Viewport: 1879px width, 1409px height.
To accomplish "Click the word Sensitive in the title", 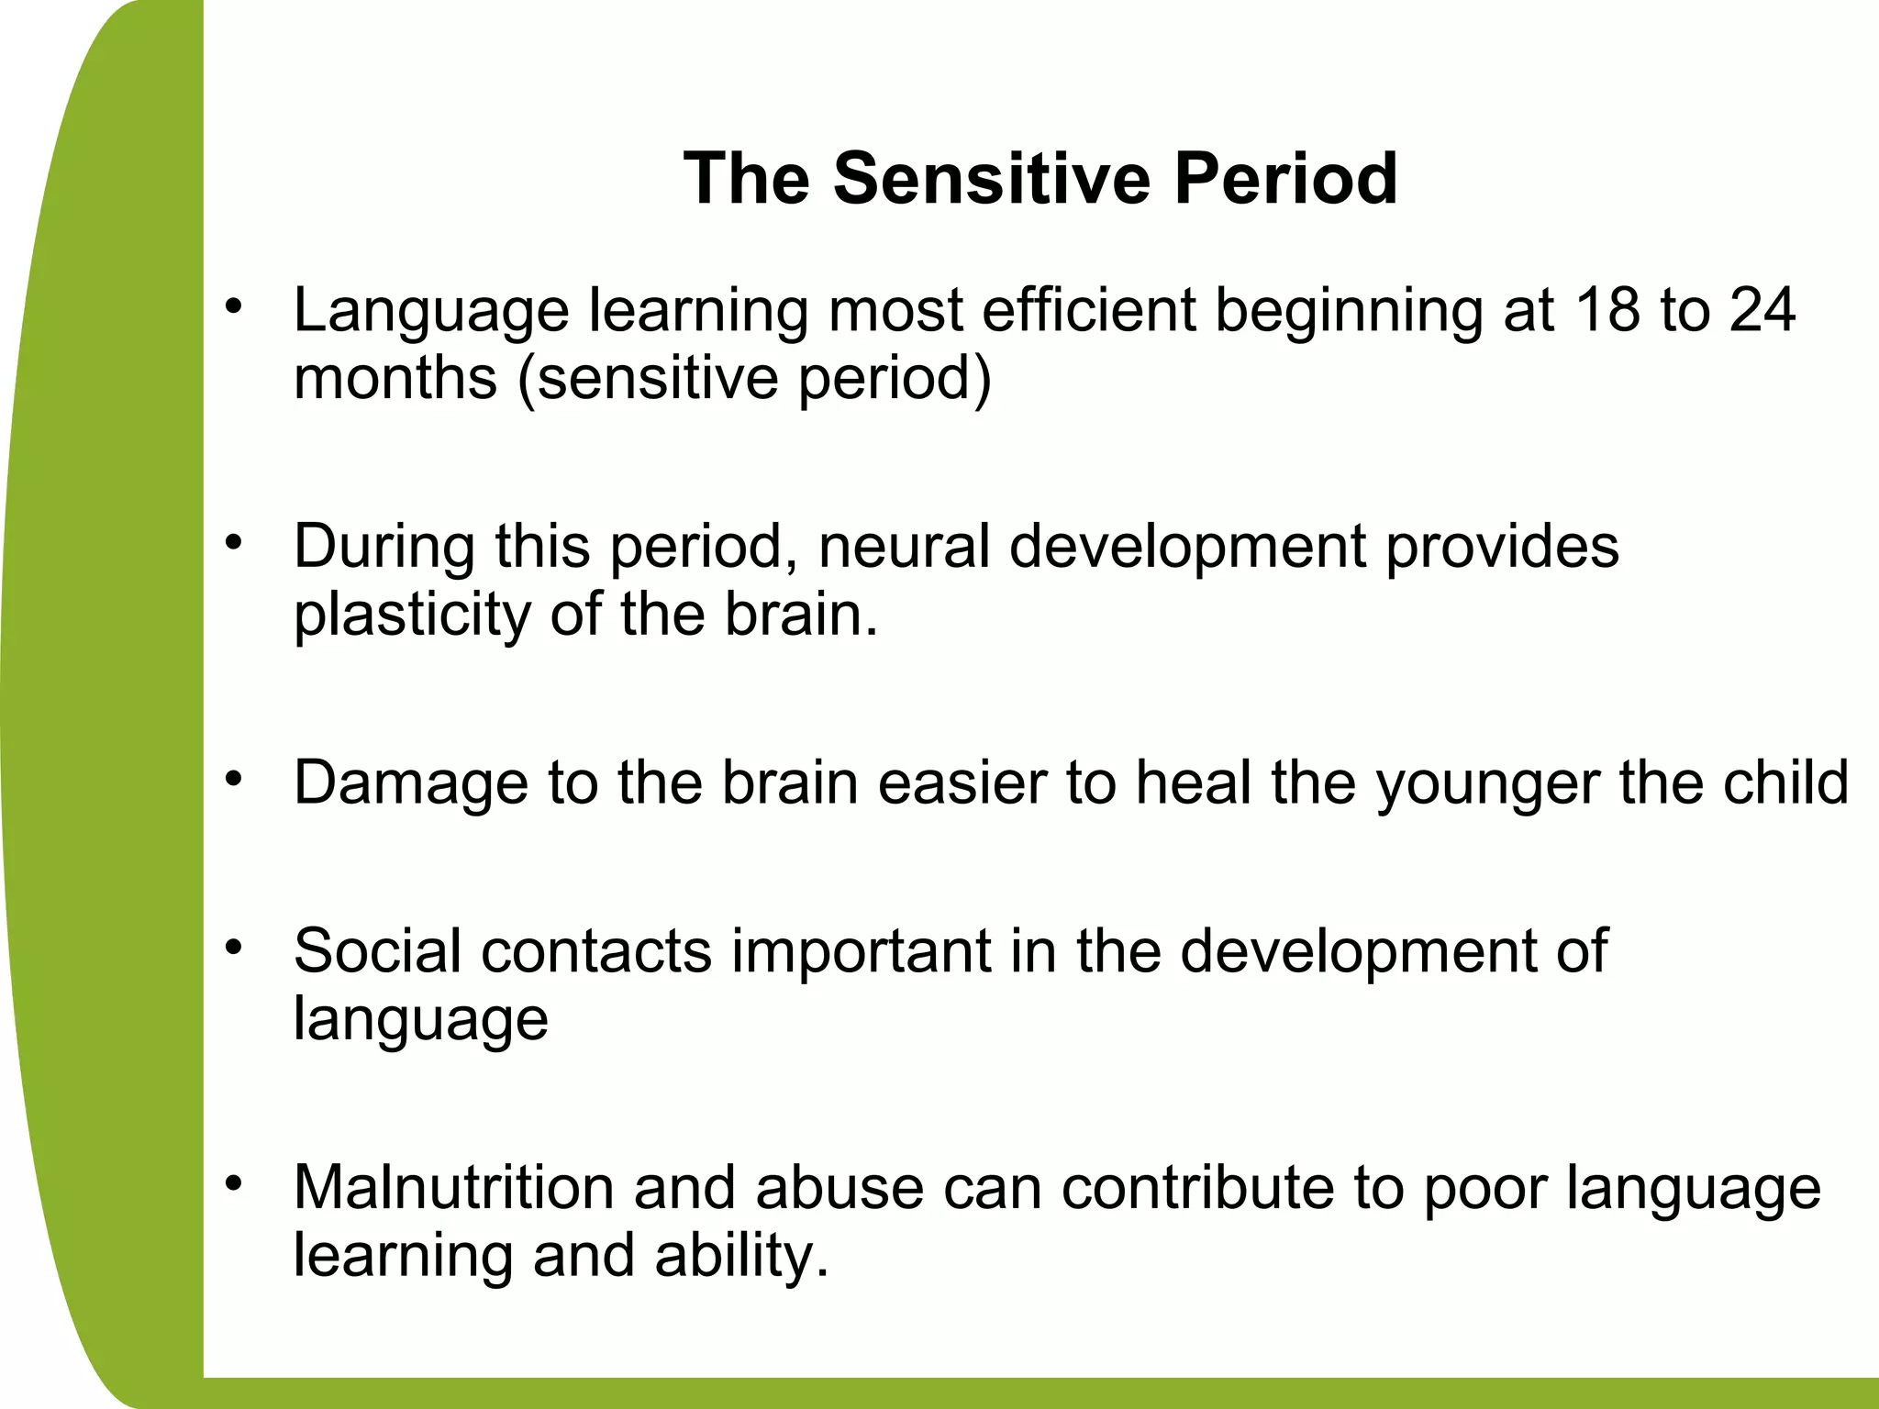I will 991,178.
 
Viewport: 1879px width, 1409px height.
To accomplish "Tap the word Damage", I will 410,783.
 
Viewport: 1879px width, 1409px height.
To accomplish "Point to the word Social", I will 377,950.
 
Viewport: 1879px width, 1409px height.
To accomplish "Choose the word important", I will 861,952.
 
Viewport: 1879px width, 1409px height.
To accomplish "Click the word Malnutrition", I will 454,1187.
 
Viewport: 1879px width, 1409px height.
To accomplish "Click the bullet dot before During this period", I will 234,543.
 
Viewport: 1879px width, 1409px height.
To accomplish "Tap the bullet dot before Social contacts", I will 234,947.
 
